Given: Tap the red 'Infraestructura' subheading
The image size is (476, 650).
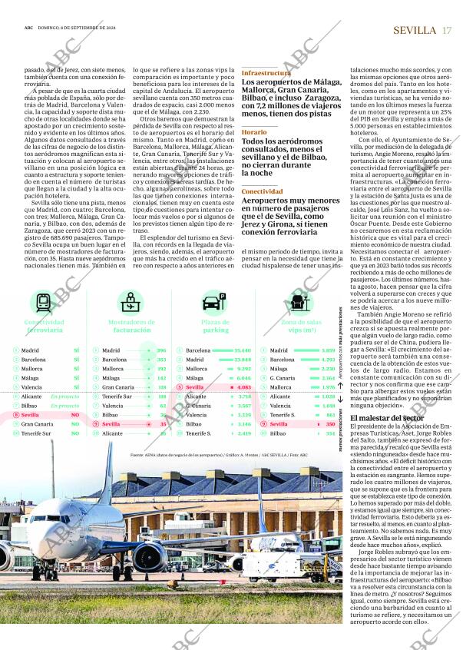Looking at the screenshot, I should tap(266, 73).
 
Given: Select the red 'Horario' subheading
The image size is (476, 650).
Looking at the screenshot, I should tap(254, 132).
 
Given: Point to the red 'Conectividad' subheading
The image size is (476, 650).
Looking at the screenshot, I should tap(262, 191).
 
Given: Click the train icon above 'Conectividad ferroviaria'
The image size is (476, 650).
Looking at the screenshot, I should tap(42, 301).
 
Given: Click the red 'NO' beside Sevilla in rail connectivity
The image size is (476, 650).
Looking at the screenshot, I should tap(74, 415).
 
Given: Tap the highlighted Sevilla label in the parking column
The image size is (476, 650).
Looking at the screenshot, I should tap(195, 387).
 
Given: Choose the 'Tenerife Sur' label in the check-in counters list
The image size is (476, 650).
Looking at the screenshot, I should tap(117, 396).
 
